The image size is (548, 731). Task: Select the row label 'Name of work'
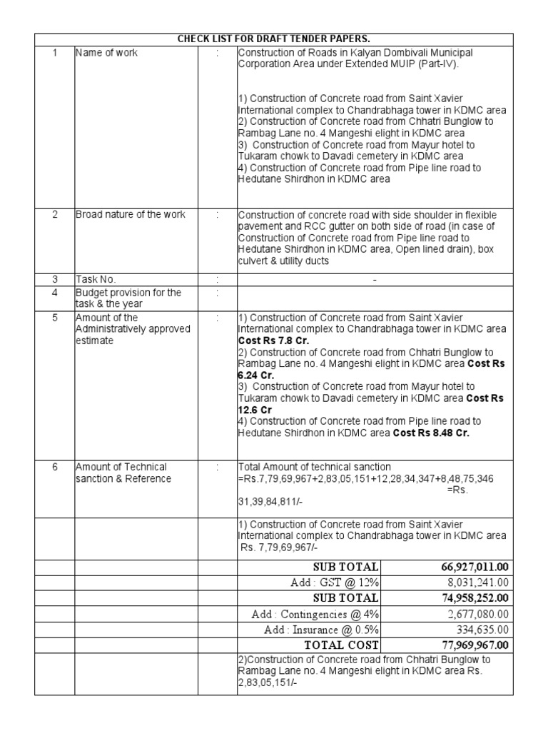[x=107, y=53]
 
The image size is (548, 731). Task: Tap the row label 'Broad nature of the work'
[x=131, y=214]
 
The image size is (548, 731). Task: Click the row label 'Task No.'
[x=96, y=280]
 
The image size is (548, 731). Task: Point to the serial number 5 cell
[x=54, y=317]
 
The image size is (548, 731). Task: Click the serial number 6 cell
[x=54, y=467]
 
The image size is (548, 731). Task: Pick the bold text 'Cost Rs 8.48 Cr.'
[x=431, y=433]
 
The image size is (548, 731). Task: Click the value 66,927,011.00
[x=475, y=567]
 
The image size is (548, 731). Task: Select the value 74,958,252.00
[x=475, y=598]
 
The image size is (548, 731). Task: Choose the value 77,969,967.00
[x=475, y=645]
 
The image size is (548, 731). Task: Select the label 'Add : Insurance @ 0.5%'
[x=321, y=630]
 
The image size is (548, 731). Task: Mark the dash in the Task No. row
[x=375, y=280]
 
